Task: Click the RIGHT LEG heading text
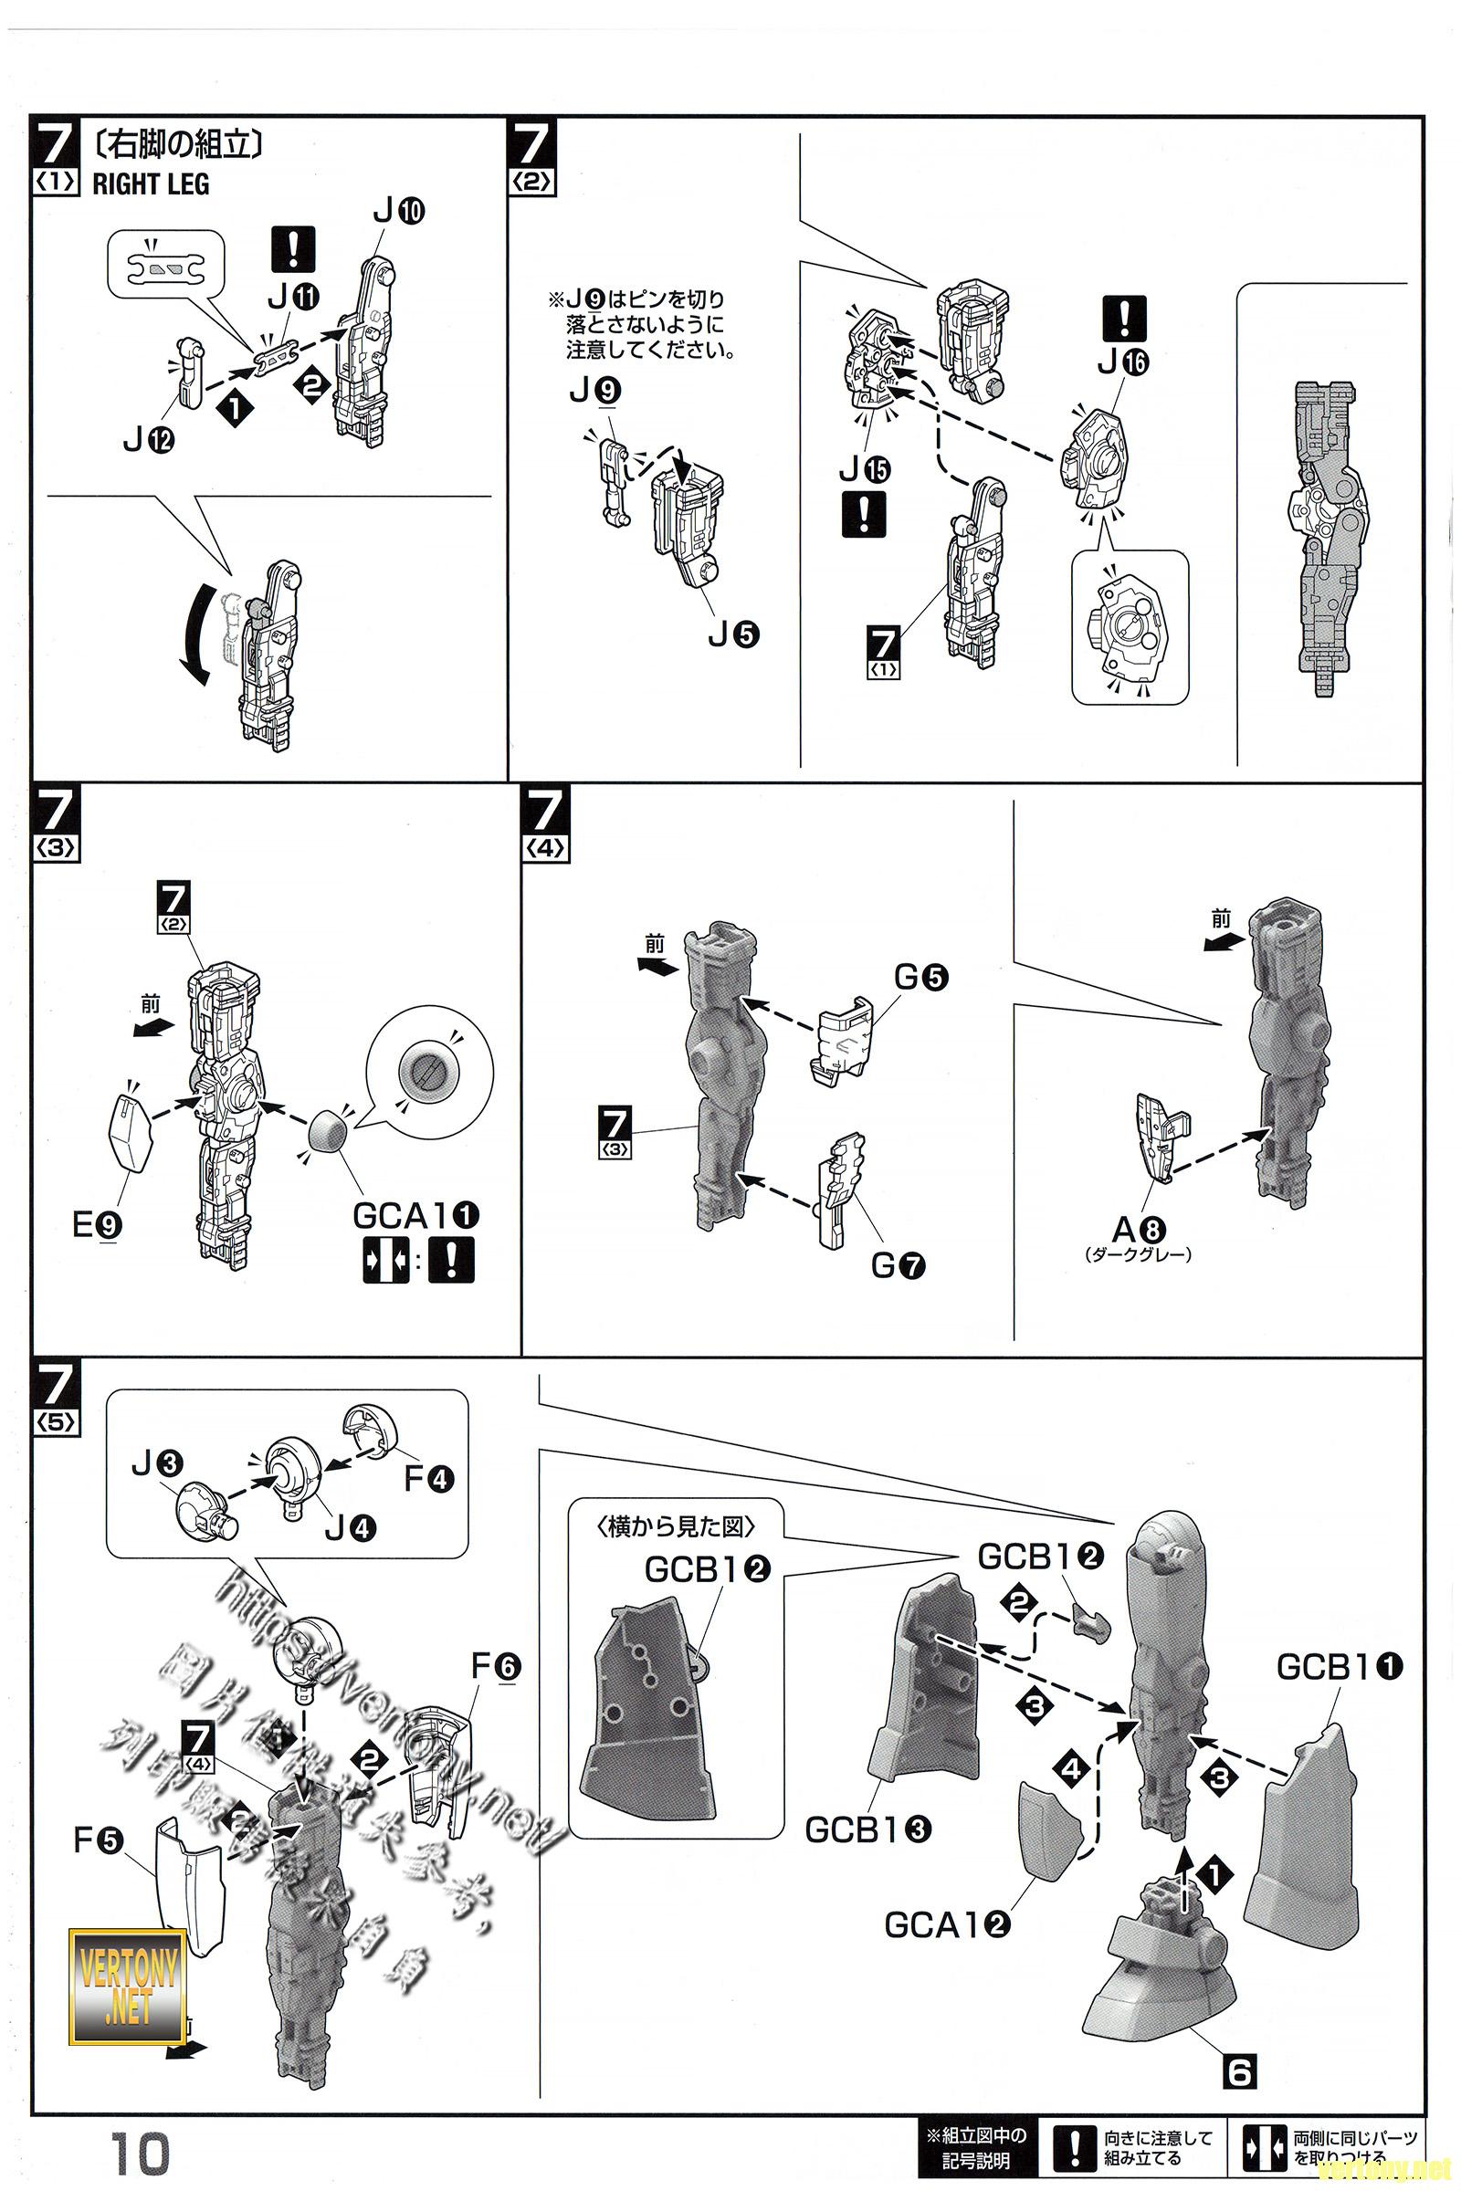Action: (x=151, y=184)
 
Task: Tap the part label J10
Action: (x=398, y=213)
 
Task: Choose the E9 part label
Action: (x=97, y=1224)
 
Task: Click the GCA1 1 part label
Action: (x=415, y=1215)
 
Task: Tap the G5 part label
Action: (x=921, y=977)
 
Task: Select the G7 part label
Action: (x=899, y=1265)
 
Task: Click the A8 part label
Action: (x=1139, y=1231)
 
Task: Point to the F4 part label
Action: (x=428, y=1478)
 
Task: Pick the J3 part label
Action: (x=156, y=1464)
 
